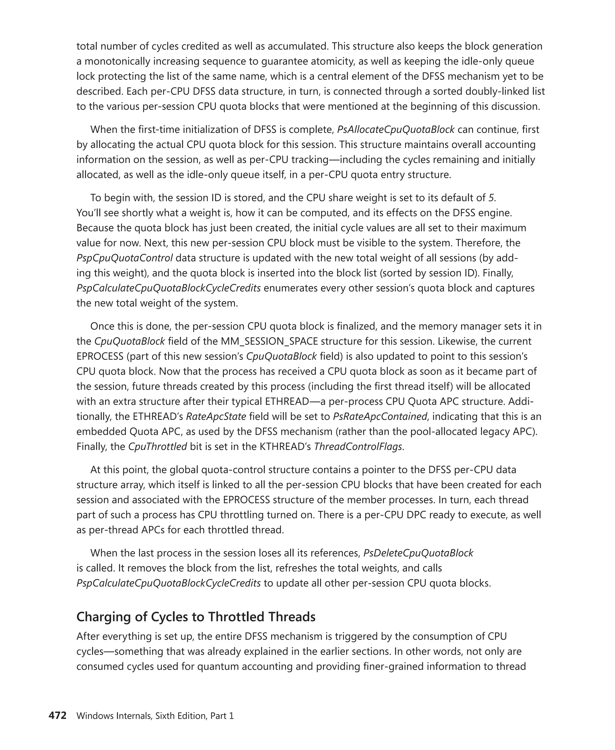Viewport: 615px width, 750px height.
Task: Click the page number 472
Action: click(x=57, y=716)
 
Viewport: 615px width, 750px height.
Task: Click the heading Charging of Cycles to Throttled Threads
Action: click(x=196, y=617)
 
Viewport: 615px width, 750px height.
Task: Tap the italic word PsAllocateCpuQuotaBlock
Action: click(x=395, y=130)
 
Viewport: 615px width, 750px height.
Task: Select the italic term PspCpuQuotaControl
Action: click(x=124, y=258)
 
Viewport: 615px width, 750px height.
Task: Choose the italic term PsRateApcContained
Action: click(x=380, y=417)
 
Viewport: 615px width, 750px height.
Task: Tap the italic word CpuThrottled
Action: click(x=157, y=447)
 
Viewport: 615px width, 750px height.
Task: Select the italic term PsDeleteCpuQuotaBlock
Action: click(x=418, y=553)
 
